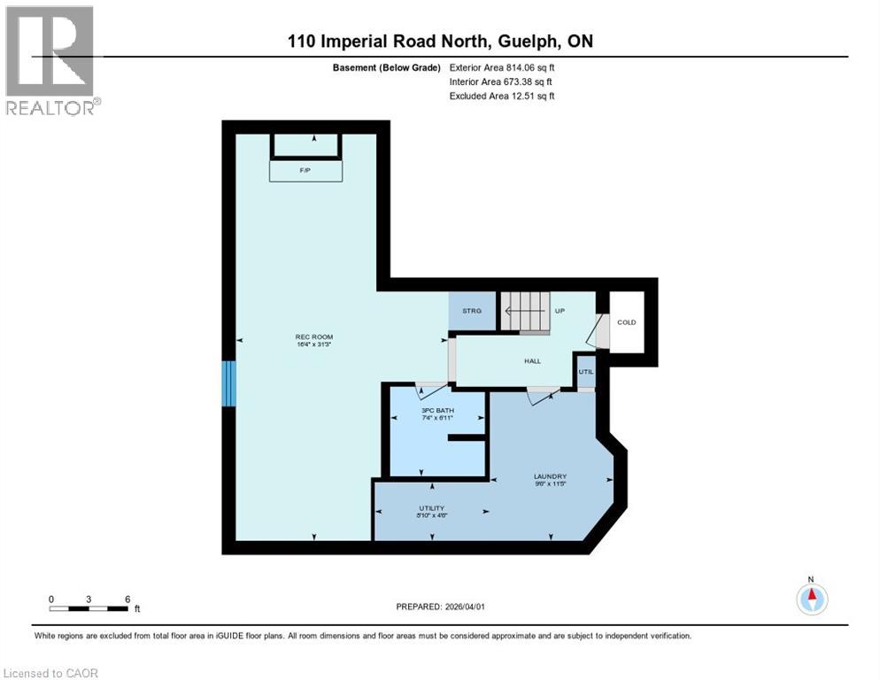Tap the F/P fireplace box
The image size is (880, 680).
(305, 170)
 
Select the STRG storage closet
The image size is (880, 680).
(472, 311)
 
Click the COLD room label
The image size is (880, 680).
(626, 322)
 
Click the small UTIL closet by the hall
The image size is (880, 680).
(585, 372)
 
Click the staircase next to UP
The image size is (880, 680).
(526, 312)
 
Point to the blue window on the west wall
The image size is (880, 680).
(229, 383)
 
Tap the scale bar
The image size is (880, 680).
(89, 608)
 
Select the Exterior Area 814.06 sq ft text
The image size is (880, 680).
(502, 67)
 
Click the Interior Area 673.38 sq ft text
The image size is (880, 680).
(502, 81)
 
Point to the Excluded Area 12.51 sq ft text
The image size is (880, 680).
(502, 96)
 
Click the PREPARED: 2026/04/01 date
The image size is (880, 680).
(442, 607)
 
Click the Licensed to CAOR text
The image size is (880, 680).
(50, 673)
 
